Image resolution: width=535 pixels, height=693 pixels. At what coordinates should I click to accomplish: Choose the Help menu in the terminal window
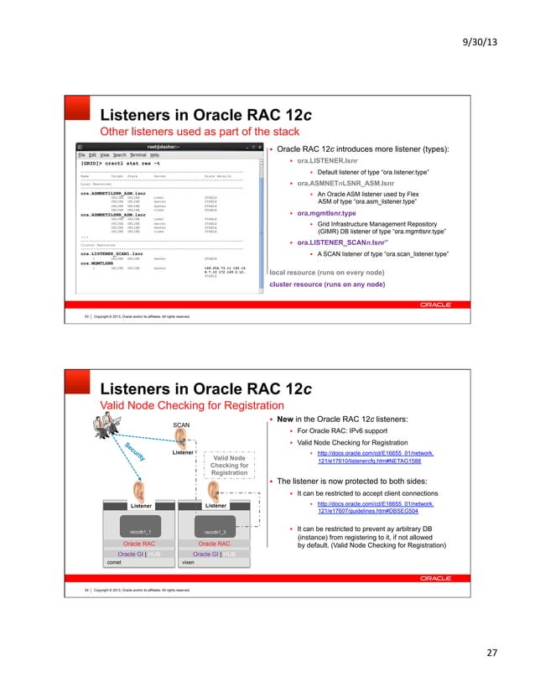(x=154, y=155)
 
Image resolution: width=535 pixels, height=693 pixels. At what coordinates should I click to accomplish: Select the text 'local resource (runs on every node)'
(x=328, y=250)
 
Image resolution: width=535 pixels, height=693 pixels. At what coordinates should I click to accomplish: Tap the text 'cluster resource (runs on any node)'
(x=327, y=261)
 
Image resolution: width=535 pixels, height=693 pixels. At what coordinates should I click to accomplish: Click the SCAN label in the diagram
(x=181, y=425)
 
